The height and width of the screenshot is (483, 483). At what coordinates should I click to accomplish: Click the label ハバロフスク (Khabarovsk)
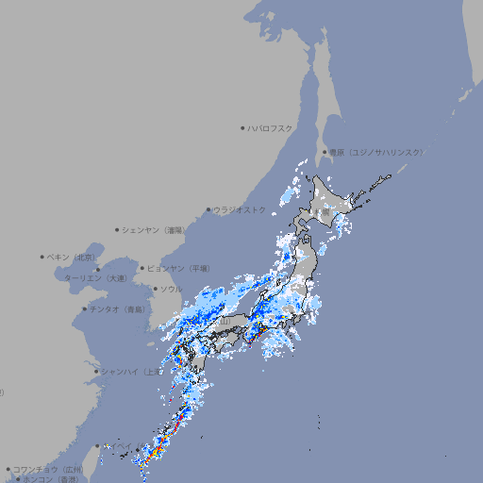(x=271, y=127)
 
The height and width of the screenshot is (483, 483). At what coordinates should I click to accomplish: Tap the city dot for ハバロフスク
(x=243, y=127)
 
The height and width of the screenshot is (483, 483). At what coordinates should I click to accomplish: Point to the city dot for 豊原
(x=325, y=152)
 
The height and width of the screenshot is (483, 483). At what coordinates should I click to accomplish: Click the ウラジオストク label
(x=240, y=209)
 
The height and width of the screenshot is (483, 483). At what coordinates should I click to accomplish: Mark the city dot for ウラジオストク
(x=208, y=209)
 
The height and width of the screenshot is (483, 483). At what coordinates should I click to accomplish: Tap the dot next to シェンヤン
(x=118, y=229)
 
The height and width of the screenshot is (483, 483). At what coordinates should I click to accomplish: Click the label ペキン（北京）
(x=72, y=257)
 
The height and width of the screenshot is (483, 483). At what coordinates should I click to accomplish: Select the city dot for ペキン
(x=42, y=257)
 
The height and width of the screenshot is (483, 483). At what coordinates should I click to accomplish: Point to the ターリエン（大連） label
(x=94, y=278)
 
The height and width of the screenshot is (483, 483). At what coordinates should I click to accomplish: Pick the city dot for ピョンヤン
(x=142, y=268)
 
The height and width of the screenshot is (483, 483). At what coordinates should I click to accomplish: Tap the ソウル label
(x=171, y=289)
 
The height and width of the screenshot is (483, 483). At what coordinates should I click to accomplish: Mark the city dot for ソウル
(x=154, y=289)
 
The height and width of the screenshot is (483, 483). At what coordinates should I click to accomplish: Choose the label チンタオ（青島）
(x=117, y=308)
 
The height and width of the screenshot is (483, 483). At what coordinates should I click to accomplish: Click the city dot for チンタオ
(x=84, y=308)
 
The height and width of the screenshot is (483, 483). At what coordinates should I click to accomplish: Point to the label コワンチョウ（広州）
(x=48, y=469)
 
